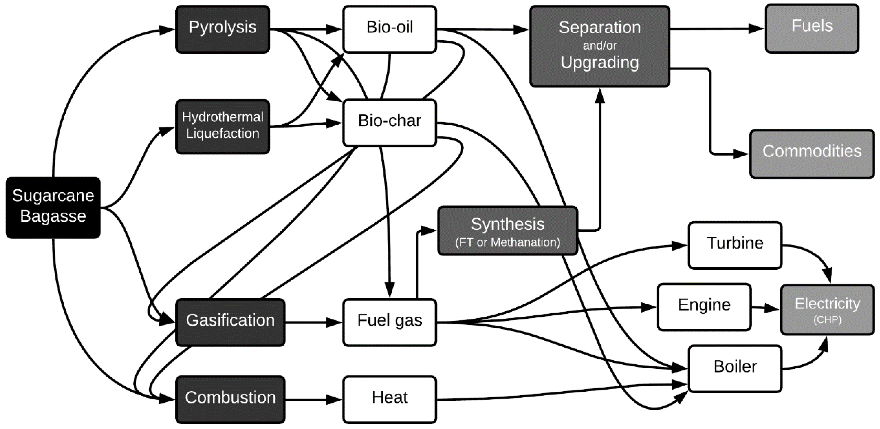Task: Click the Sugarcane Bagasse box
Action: (53, 207)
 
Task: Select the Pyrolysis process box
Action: (222, 29)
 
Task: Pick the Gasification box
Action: (230, 322)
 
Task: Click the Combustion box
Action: (230, 399)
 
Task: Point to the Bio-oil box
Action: (389, 29)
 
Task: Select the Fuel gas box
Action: (389, 322)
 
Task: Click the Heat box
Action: (389, 399)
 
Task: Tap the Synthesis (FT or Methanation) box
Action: (507, 231)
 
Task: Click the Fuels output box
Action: (812, 28)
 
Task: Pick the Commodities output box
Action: (812, 153)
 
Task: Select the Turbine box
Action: (735, 245)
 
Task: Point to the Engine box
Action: (704, 306)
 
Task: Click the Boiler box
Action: (735, 368)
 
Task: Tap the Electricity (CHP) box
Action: (827, 309)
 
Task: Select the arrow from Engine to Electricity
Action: (765, 308)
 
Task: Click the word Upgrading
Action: (600, 63)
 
